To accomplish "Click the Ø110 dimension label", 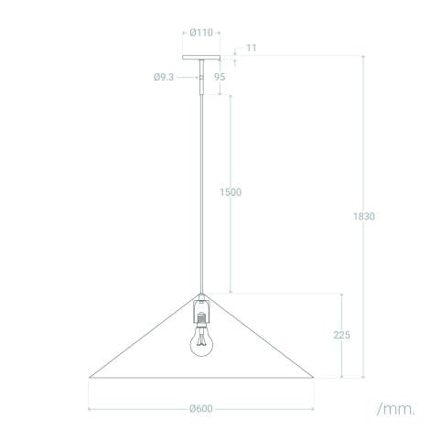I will [201, 32].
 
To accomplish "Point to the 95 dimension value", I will [220, 78].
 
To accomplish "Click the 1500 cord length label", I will [231, 192].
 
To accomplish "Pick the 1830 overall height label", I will [364, 217].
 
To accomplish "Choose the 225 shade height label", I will [341, 336].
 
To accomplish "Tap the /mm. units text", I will [394, 407].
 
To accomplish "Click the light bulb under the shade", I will [200, 342].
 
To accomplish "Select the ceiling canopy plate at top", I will [200, 58].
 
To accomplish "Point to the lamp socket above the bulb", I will [200, 314].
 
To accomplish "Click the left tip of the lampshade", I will [90, 376].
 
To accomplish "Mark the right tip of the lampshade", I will [315, 376].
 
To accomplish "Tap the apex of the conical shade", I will [200, 295].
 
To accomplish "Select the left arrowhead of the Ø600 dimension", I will [91, 408].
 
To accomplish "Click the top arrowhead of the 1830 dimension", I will [364, 58].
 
